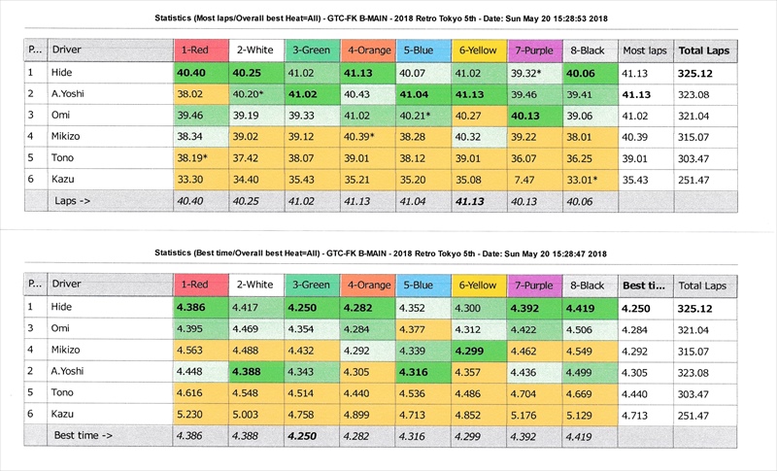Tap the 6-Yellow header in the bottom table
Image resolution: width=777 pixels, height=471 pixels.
click(x=477, y=285)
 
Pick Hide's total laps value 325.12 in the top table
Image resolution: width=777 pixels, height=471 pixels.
click(x=704, y=72)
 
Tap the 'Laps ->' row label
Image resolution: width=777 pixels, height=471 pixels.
click(x=74, y=201)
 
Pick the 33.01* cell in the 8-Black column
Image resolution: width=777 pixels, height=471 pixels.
click(x=590, y=179)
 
